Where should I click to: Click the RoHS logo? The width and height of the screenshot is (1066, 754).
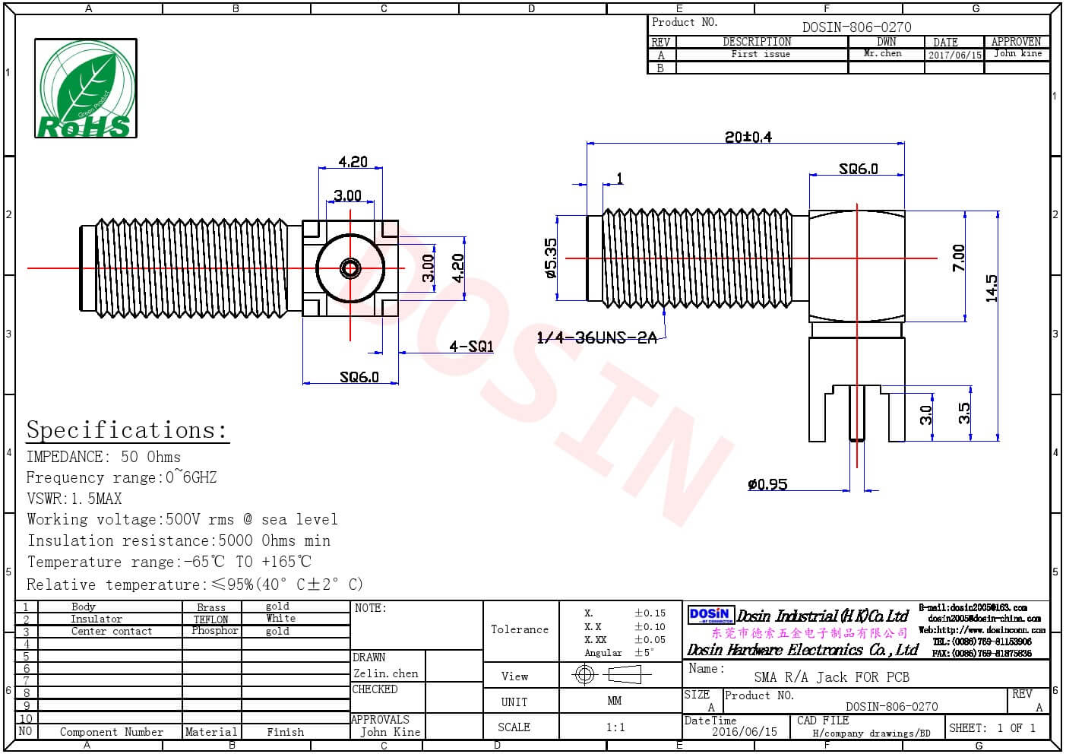[86, 89]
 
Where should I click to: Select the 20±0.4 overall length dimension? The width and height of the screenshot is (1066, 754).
[748, 137]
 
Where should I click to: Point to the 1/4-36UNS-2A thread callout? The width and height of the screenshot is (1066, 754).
[596, 337]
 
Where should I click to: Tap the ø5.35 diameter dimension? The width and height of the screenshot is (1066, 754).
[551, 258]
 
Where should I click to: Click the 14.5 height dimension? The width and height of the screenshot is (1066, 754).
[992, 289]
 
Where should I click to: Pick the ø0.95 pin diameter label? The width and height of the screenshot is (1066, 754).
[767, 484]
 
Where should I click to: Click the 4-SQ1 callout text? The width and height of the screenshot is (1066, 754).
[471, 347]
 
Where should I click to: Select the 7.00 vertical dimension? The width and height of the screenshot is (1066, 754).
[959, 258]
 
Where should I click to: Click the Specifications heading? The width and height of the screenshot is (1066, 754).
[127, 430]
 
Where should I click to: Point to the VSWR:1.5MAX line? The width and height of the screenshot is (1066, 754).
[74, 499]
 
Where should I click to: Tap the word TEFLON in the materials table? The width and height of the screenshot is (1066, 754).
[211, 619]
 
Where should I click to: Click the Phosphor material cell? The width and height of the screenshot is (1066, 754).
[214, 631]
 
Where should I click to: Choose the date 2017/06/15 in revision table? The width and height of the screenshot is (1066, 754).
[954, 55]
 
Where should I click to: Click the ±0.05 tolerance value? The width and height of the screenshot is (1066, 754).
[650, 640]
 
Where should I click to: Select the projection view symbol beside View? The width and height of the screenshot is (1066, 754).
[612, 674]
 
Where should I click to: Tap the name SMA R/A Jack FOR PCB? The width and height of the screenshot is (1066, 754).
[831, 677]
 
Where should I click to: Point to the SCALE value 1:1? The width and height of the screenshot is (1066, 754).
[615, 727]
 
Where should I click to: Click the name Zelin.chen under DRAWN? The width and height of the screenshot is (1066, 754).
[386, 673]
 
